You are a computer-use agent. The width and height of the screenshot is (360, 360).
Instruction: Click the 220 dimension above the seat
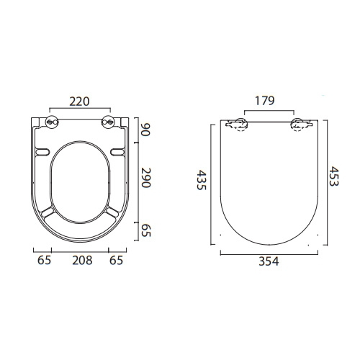pyautogui.click(x=81, y=102)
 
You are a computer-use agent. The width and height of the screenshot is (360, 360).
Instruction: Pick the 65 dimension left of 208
pyautogui.click(x=45, y=261)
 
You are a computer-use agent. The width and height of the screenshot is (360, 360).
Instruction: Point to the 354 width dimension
pyautogui.click(x=267, y=261)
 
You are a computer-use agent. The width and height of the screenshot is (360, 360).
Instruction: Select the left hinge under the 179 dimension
pyautogui.click(x=237, y=125)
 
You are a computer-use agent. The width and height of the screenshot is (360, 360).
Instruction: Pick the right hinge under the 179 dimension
pyautogui.click(x=297, y=125)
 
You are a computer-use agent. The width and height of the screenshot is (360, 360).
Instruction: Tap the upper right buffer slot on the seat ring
pyautogui.click(x=117, y=151)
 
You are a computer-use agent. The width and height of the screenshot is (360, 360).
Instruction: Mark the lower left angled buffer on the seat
pyautogui.click(x=49, y=212)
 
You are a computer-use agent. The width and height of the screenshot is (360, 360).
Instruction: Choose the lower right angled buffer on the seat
pyautogui.click(x=112, y=212)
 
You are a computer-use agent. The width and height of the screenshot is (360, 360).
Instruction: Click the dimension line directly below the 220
pyautogui.click(x=81, y=111)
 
